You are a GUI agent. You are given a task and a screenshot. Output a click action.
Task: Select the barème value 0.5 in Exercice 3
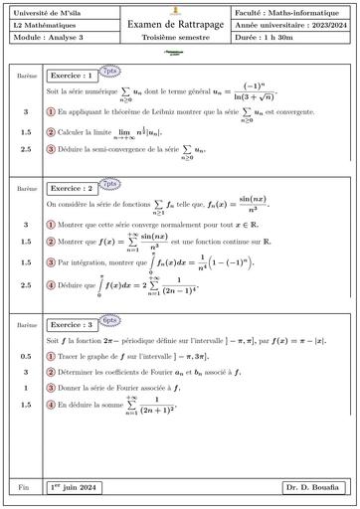click(x=25, y=356)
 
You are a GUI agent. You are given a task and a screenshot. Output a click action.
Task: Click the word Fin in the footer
click(x=25, y=487)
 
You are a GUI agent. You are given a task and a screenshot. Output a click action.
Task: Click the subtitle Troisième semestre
click(x=180, y=36)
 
